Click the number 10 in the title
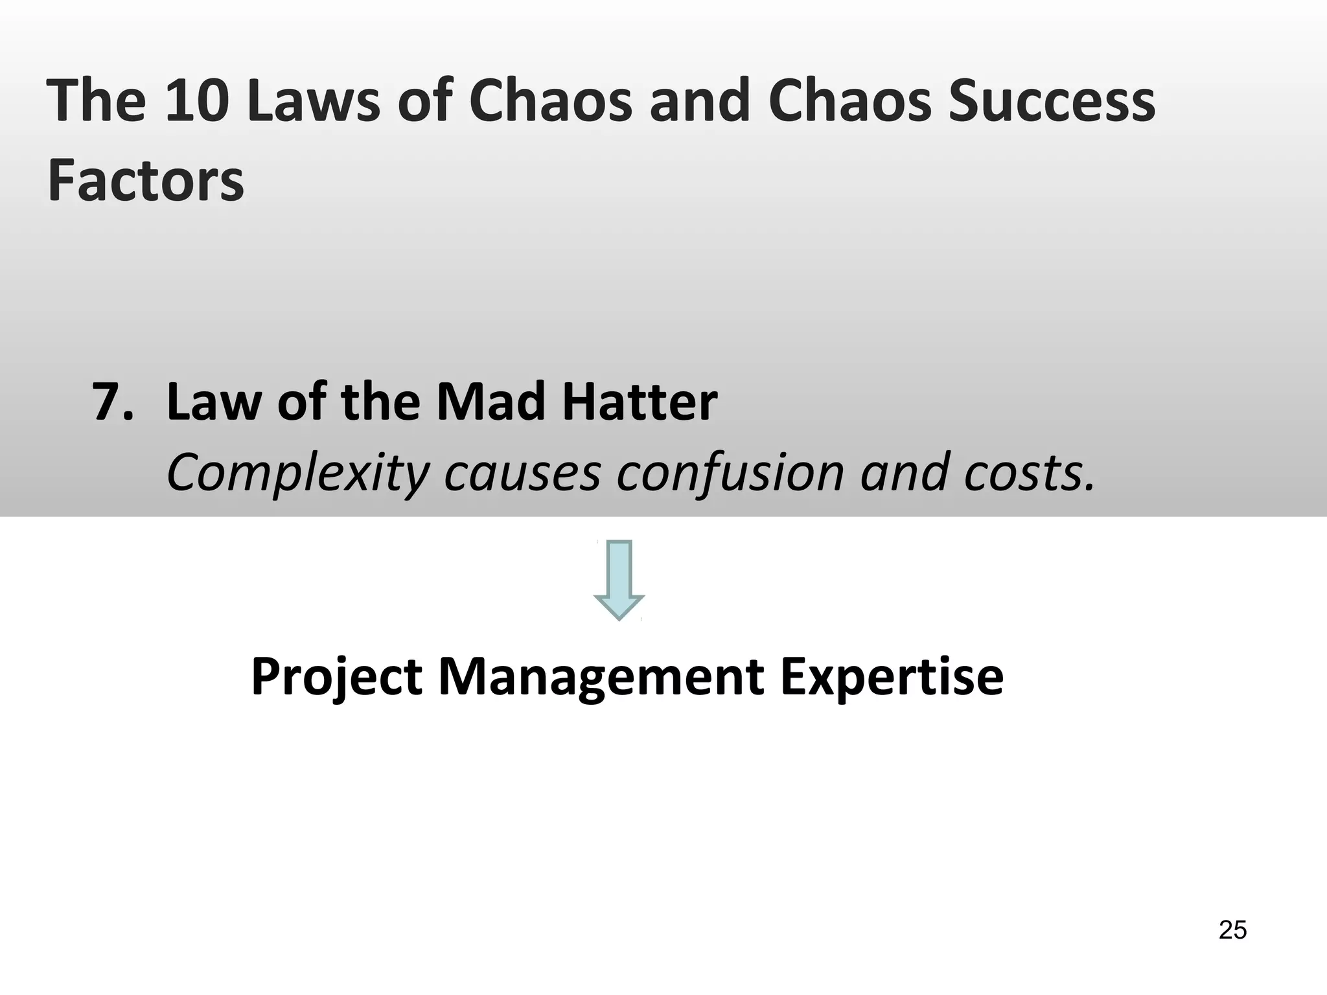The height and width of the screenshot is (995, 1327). [x=197, y=100]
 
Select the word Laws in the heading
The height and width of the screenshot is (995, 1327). [x=313, y=100]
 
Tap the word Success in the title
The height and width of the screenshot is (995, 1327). [x=1052, y=100]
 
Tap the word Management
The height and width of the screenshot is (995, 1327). [x=601, y=678]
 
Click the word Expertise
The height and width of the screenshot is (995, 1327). [x=892, y=678]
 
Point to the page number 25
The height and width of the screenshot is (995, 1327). [x=1232, y=930]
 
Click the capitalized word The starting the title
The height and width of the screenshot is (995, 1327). [x=97, y=100]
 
